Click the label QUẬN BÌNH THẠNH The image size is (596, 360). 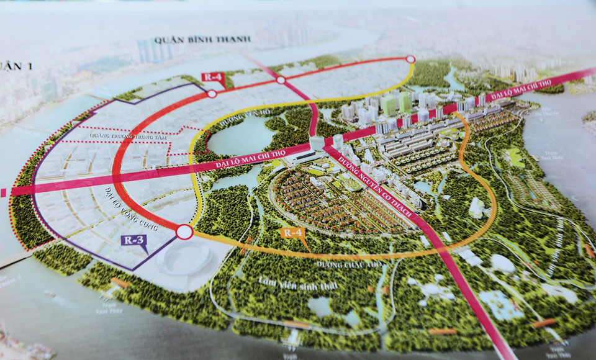pos(202,39)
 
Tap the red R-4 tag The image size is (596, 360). pos(212,77)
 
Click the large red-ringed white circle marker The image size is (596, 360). pos(184,232)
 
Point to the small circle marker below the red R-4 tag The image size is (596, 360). pos(212,94)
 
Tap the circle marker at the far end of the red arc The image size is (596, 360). pos(410,59)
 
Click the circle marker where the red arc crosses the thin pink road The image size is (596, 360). pos(281,80)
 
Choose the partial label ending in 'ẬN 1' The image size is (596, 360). pos(7,65)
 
